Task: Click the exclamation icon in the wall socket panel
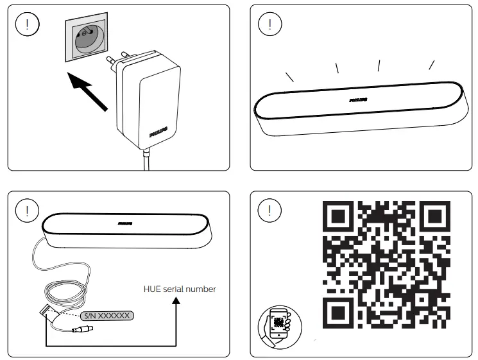tap(26, 25)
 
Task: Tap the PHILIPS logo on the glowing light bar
tap(359, 100)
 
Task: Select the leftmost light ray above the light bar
tap(289, 76)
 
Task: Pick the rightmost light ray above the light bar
tap(432, 64)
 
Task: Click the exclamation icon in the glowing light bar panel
tap(269, 25)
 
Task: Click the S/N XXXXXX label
tap(107, 315)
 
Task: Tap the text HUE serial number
tap(180, 289)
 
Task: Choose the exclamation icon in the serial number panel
tap(26, 209)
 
